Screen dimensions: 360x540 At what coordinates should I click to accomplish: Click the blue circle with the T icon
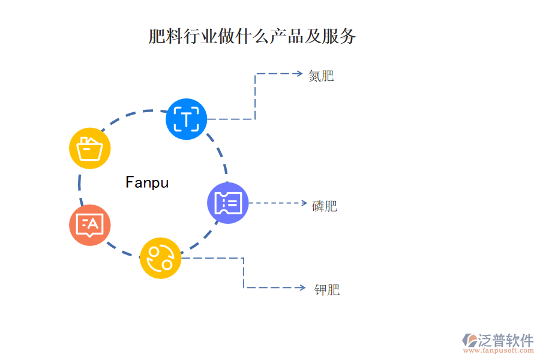pyautogui.click(x=186, y=119)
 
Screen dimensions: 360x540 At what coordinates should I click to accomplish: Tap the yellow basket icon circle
pyautogui.click(x=90, y=148)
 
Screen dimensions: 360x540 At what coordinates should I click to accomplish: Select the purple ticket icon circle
pyautogui.click(x=228, y=203)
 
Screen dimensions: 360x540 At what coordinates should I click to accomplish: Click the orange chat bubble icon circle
pyautogui.click(x=90, y=225)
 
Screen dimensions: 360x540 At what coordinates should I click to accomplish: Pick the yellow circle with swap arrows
pyautogui.click(x=160, y=258)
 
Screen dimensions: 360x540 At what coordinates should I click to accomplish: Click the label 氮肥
pyautogui.click(x=321, y=76)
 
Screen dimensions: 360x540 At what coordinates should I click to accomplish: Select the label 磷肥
pyautogui.click(x=325, y=206)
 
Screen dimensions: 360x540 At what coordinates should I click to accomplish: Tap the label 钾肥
pyautogui.click(x=327, y=290)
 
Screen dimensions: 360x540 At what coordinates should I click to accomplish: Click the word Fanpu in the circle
pyautogui.click(x=147, y=182)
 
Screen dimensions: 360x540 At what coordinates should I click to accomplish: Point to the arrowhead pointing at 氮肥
pyautogui.click(x=299, y=74)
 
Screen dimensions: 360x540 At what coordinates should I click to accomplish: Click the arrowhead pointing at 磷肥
pyautogui.click(x=303, y=203)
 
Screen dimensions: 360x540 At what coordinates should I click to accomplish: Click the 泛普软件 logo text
pyautogui.click(x=505, y=340)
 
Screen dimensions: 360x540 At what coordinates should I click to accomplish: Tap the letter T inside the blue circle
pyautogui.click(x=187, y=119)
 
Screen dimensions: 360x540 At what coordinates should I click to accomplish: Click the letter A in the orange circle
pyautogui.click(x=93, y=224)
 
